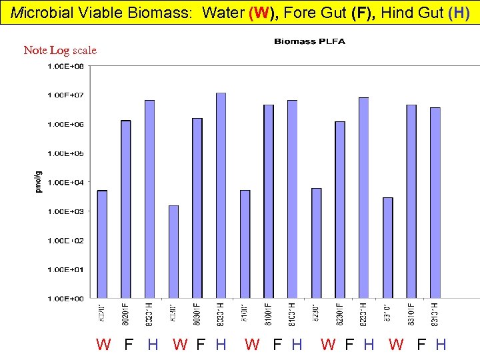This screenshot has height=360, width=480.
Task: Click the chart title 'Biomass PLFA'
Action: click(x=309, y=42)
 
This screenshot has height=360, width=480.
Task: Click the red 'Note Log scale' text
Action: click(x=60, y=50)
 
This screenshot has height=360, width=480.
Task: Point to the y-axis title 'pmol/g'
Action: click(x=38, y=181)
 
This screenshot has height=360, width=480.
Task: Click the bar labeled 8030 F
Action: click(x=197, y=207)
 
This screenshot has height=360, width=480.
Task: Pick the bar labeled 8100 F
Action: click(x=269, y=201)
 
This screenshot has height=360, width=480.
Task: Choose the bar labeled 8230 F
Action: click(x=340, y=209)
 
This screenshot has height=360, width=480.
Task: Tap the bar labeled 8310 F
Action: click(x=411, y=201)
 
